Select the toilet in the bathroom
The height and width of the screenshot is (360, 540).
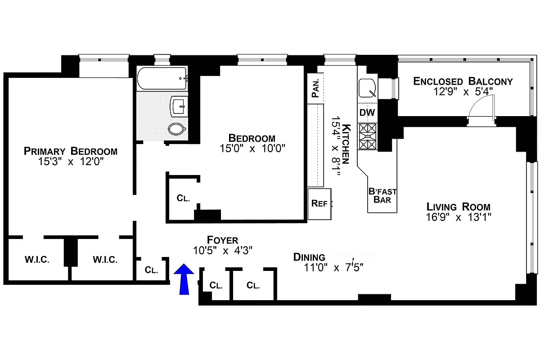click(177, 129)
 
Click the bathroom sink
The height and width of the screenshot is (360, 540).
click(177, 107)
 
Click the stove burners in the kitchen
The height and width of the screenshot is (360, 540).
click(368, 136)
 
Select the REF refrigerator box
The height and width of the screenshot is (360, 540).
click(319, 203)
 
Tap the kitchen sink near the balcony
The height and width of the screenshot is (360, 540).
click(368, 88)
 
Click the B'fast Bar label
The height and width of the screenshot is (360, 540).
click(382, 195)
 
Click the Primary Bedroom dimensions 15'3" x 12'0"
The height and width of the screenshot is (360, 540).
click(71, 162)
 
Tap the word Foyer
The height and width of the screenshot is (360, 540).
click(222, 240)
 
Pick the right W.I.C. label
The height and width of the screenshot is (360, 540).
click(105, 260)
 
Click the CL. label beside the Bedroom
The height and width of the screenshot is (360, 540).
click(183, 198)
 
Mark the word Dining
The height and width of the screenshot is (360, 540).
click(309, 257)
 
